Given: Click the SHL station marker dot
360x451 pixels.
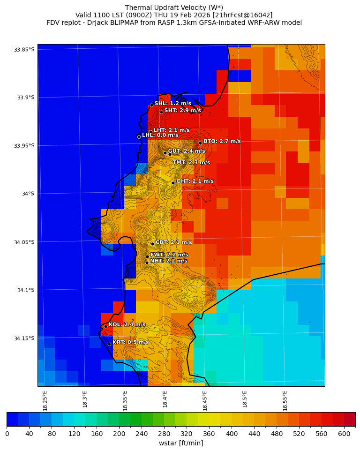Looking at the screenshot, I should (151, 105).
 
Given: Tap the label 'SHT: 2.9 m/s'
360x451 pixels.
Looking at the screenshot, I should (182, 111).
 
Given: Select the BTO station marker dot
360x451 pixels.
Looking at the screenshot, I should (200, 143).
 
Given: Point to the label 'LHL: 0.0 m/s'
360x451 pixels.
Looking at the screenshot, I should (160, 135).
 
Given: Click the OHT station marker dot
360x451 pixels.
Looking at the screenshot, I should (173, 183).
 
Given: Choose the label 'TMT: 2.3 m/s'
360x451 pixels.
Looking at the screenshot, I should (191, 163).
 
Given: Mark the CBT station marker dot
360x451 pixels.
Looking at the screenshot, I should (152, 244).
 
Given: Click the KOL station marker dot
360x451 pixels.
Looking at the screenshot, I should (105, 326).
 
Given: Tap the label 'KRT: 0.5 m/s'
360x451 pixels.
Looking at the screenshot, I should (131, 342).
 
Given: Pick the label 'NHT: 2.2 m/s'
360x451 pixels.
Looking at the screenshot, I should (168, 261).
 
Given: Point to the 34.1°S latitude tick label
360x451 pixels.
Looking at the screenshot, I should (26, 290).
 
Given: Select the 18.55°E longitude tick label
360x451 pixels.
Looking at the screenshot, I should (285, 400).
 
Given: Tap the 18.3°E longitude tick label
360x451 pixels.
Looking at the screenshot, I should (85, 400).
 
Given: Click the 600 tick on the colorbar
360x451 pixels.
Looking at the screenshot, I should (344, 434).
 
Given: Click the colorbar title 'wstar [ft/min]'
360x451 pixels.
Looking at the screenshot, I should (181, 443).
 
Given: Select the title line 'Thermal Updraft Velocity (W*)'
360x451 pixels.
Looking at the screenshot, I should (174, 8).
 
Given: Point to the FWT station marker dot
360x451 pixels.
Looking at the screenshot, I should (147, 256).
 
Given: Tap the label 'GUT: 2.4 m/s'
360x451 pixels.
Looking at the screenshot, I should (187, 151).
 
